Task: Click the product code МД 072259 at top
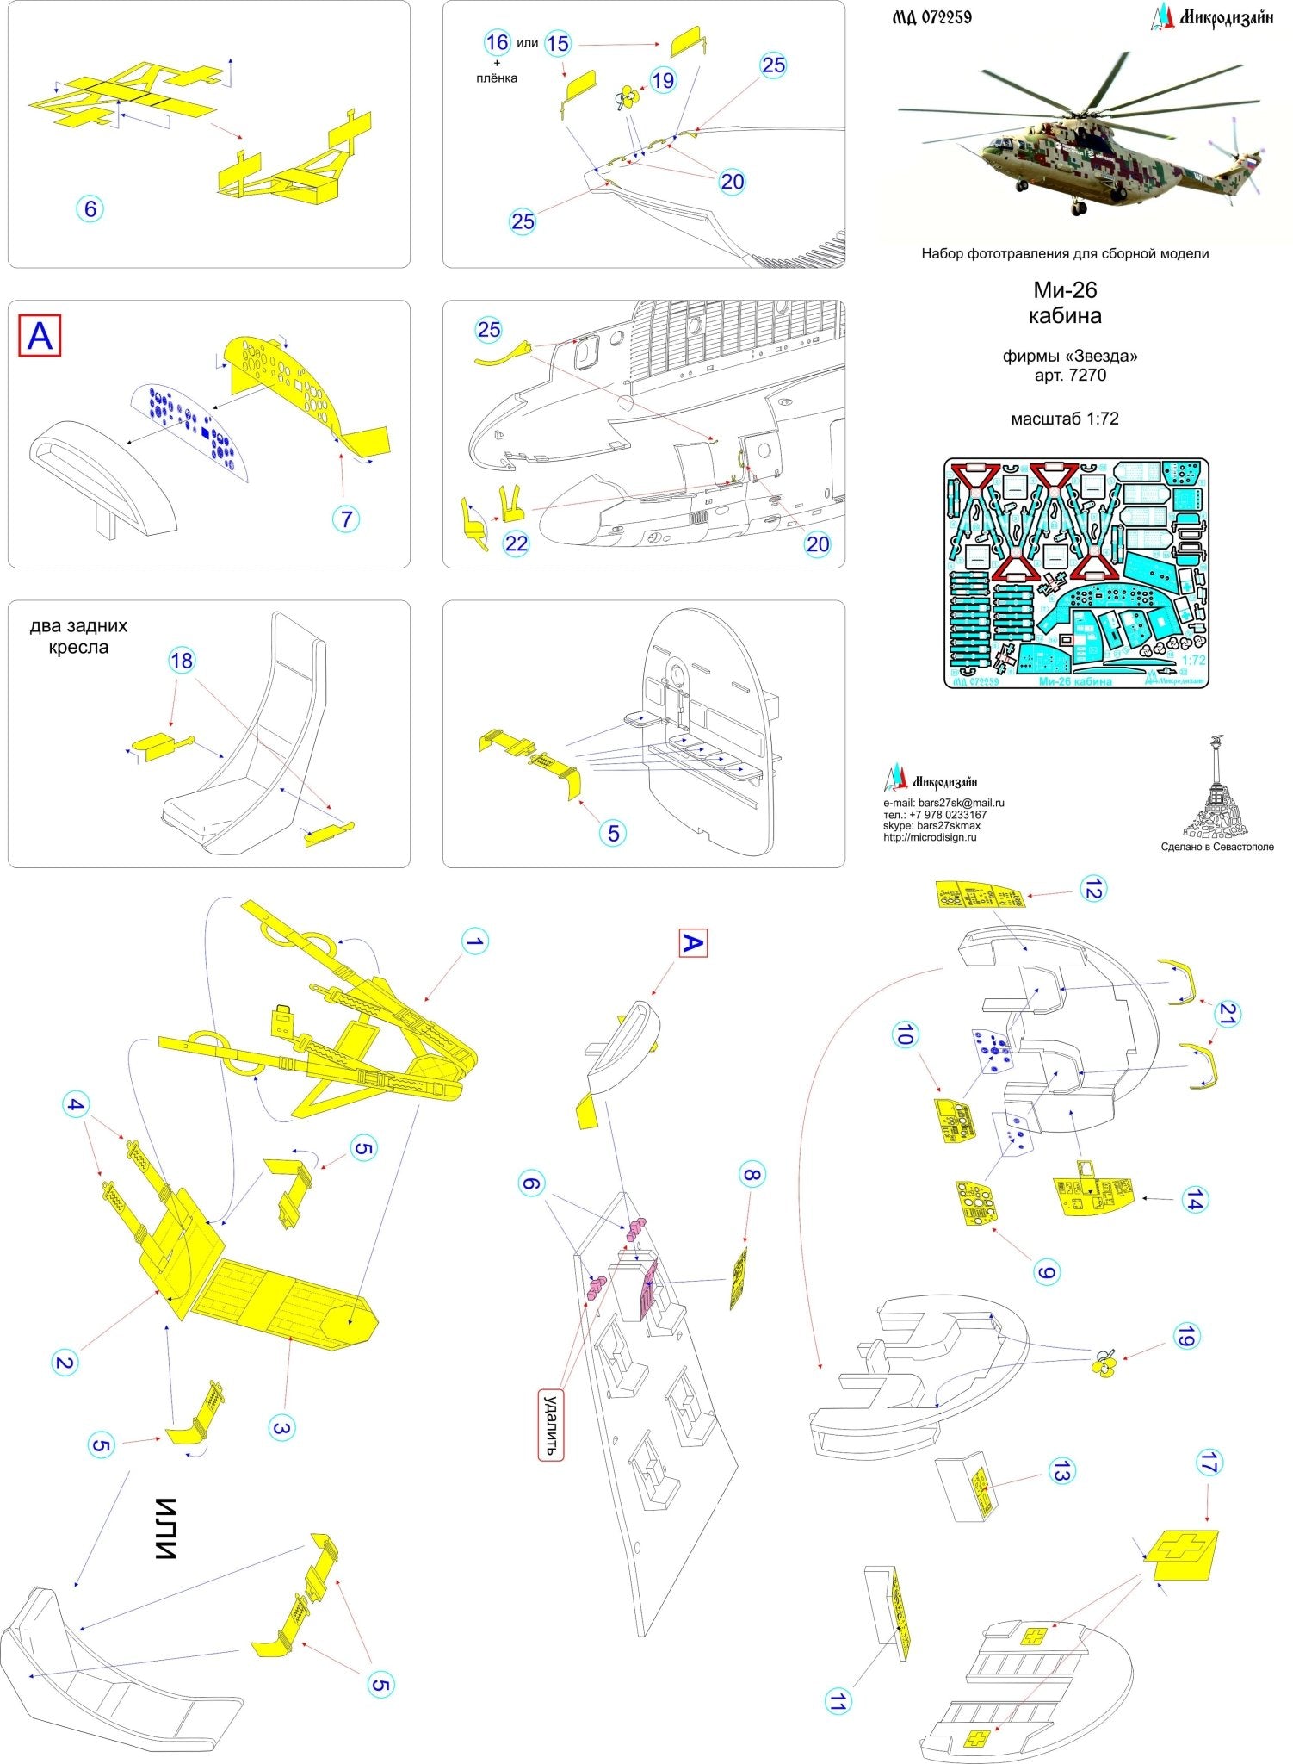931,16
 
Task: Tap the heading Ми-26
1065,290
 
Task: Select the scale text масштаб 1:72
1065,419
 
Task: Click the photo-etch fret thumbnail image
1076,573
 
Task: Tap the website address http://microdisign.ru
930,837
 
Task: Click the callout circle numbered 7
346,519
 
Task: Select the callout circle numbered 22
516,543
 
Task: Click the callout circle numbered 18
182,661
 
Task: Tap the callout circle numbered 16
497,41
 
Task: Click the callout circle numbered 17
1209,1462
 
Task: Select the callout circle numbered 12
1092,890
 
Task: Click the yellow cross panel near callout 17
1185,1553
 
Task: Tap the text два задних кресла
78,637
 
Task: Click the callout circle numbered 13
1061,1472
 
